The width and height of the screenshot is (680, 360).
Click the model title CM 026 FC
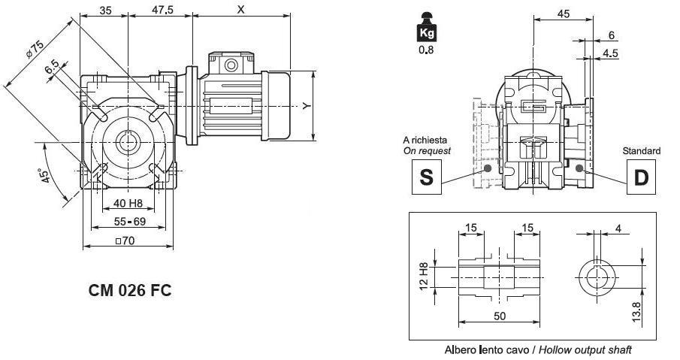tap(130, 289)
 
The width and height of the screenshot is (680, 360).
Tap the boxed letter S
tap(426, 177)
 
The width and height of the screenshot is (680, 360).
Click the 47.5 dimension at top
tap(163, 11)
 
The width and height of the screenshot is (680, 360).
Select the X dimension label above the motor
tap(240, 10)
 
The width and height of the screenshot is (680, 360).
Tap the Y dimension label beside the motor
tap(306, 107)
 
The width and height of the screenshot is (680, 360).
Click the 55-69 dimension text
tap(129, 222)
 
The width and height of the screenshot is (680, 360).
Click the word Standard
tap(642, 151)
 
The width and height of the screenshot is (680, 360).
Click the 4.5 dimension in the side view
tap(610, 53)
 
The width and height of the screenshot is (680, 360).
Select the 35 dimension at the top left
tap(105, 11)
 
